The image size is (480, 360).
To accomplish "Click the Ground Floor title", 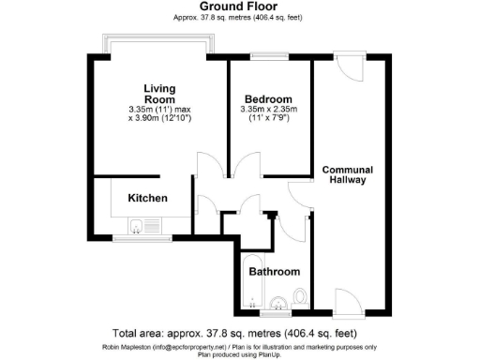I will (x=240, y=7).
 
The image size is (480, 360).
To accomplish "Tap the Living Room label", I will (x=158, y=94).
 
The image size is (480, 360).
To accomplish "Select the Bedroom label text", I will (x=268, y=99).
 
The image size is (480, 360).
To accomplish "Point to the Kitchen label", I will (x=147, y=199).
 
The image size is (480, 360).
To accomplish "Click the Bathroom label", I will (x=274, y=272).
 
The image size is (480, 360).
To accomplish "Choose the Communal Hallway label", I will (x=347, y=175).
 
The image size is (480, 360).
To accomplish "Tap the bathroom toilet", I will (x=299, y=297).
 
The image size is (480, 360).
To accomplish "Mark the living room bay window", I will (x=158, y=45).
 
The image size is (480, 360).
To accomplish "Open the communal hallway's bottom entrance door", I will (x=346, y=300).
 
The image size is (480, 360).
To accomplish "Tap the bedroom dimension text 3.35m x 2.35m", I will (x=268, y=111).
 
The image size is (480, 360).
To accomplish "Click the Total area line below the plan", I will (x=240, y=333).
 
